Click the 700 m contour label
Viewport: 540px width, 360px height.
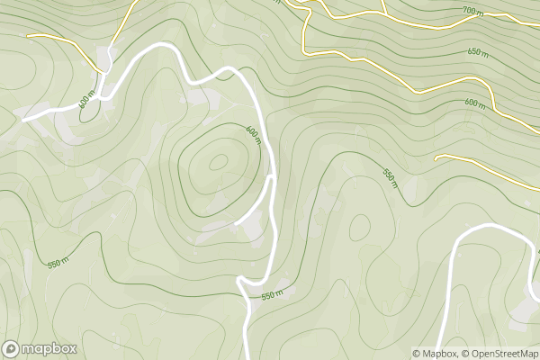pyautogui.click(x=473, y=10)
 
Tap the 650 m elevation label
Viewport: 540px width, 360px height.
pyautogui.click(x=478, y=51)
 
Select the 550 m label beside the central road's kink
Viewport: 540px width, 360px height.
pyautogui.click(x=272, y=294)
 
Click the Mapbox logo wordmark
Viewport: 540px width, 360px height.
pyautogui.click(x=49, y=348)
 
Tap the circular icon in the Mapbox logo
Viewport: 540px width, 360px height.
pyautogui.click(x=12, y=348)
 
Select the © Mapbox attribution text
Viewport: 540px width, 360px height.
pyautogui.click(x=436, y=353)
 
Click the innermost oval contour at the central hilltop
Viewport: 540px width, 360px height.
pyautogui.click(x=218, y=163)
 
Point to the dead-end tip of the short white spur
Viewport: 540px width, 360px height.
pyautogui.click(x=236, y=222)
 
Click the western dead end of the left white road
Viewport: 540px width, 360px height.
pyautogui.click(x=23, y=119)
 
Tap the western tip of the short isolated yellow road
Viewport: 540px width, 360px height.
pyautogui.click(x=436, y=158)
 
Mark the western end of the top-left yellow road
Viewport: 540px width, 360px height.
pyautogui.click(x=29, y=36)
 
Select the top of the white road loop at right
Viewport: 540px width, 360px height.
pyautogui.click(x=490, y=226)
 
